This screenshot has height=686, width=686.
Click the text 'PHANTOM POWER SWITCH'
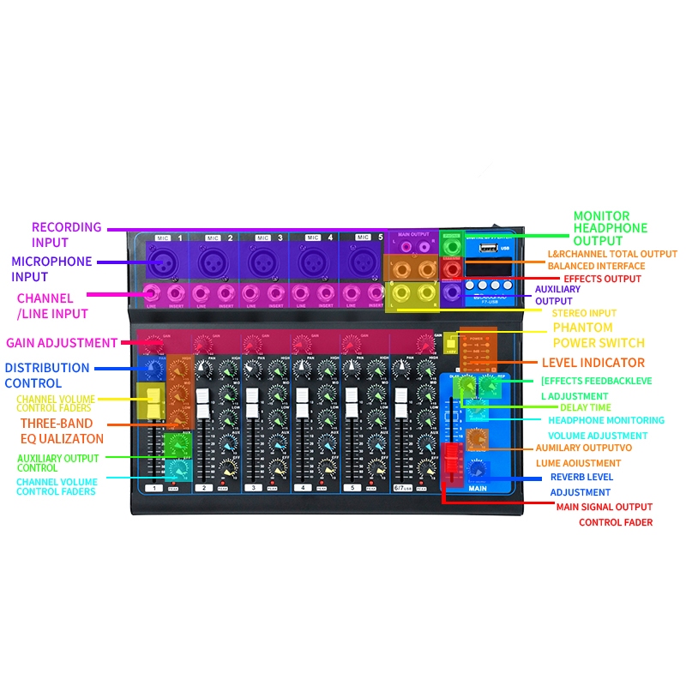click(x=594, y=335)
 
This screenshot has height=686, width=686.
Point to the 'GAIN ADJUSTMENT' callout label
click(x=62, y=343)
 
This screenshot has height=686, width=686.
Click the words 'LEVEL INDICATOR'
click(x=593, y=363)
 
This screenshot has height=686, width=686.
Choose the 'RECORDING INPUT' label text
click(x=66, y=235)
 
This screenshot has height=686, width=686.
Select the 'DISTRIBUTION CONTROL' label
click(x=46, y=376)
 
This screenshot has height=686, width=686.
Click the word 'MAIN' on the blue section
click(x=478, y=489)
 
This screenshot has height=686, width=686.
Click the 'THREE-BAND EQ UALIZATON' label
click(x=62, y=431)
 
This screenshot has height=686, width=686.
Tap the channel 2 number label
click(x=203, y=487)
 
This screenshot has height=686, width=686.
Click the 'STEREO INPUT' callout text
click(x=584, y=313)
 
